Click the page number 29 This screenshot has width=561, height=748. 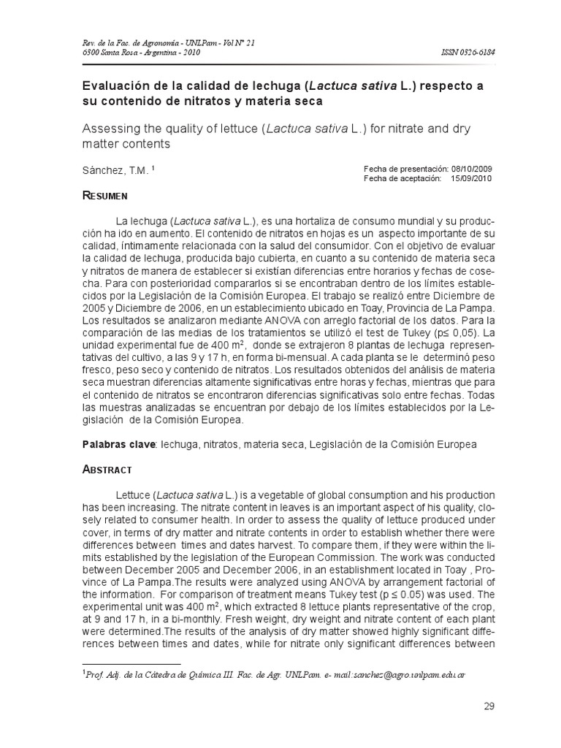click(489, 706)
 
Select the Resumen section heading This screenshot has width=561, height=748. click(105, 196)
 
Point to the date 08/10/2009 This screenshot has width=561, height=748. click(470, 168)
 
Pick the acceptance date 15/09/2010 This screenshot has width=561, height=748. click(470, 178)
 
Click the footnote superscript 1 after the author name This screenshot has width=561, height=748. click(153, 168)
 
